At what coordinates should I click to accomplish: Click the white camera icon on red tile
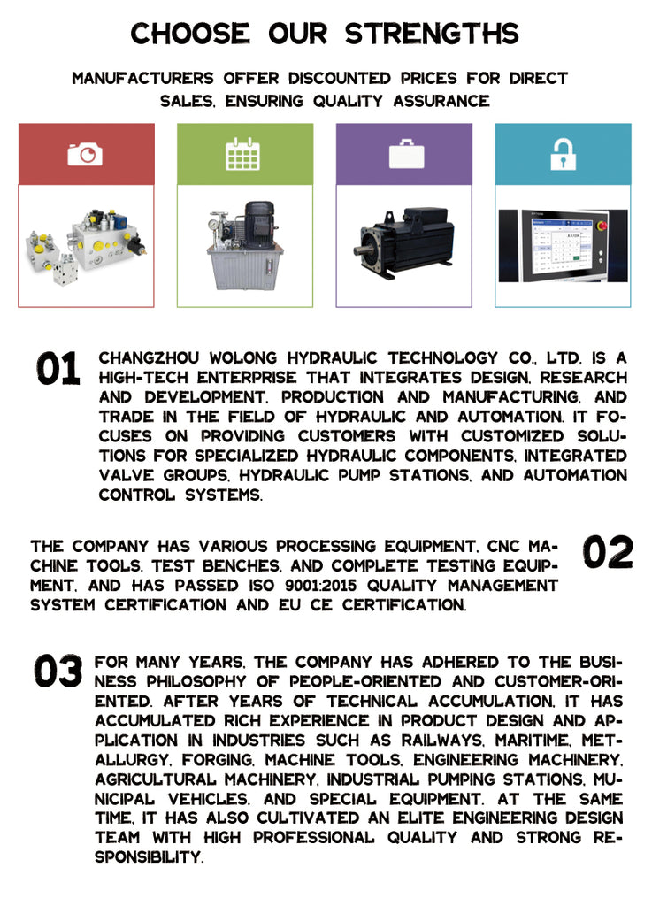[x=85, y=154]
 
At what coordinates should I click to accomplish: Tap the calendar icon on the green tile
[x=244, y=154]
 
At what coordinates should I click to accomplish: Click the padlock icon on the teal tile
[x=563, y=154]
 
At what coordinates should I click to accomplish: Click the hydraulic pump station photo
[x=244, y=245]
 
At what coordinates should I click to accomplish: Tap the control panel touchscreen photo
[x=563, y=245]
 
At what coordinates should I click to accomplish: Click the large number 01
[x=58, y=369]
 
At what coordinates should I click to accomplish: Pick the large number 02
[x=608, y=553]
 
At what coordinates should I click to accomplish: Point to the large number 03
[x=58, y=672]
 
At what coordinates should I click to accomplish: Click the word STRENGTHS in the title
[x=432, y=34]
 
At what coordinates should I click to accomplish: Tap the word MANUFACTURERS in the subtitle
[x=142, y=78]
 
